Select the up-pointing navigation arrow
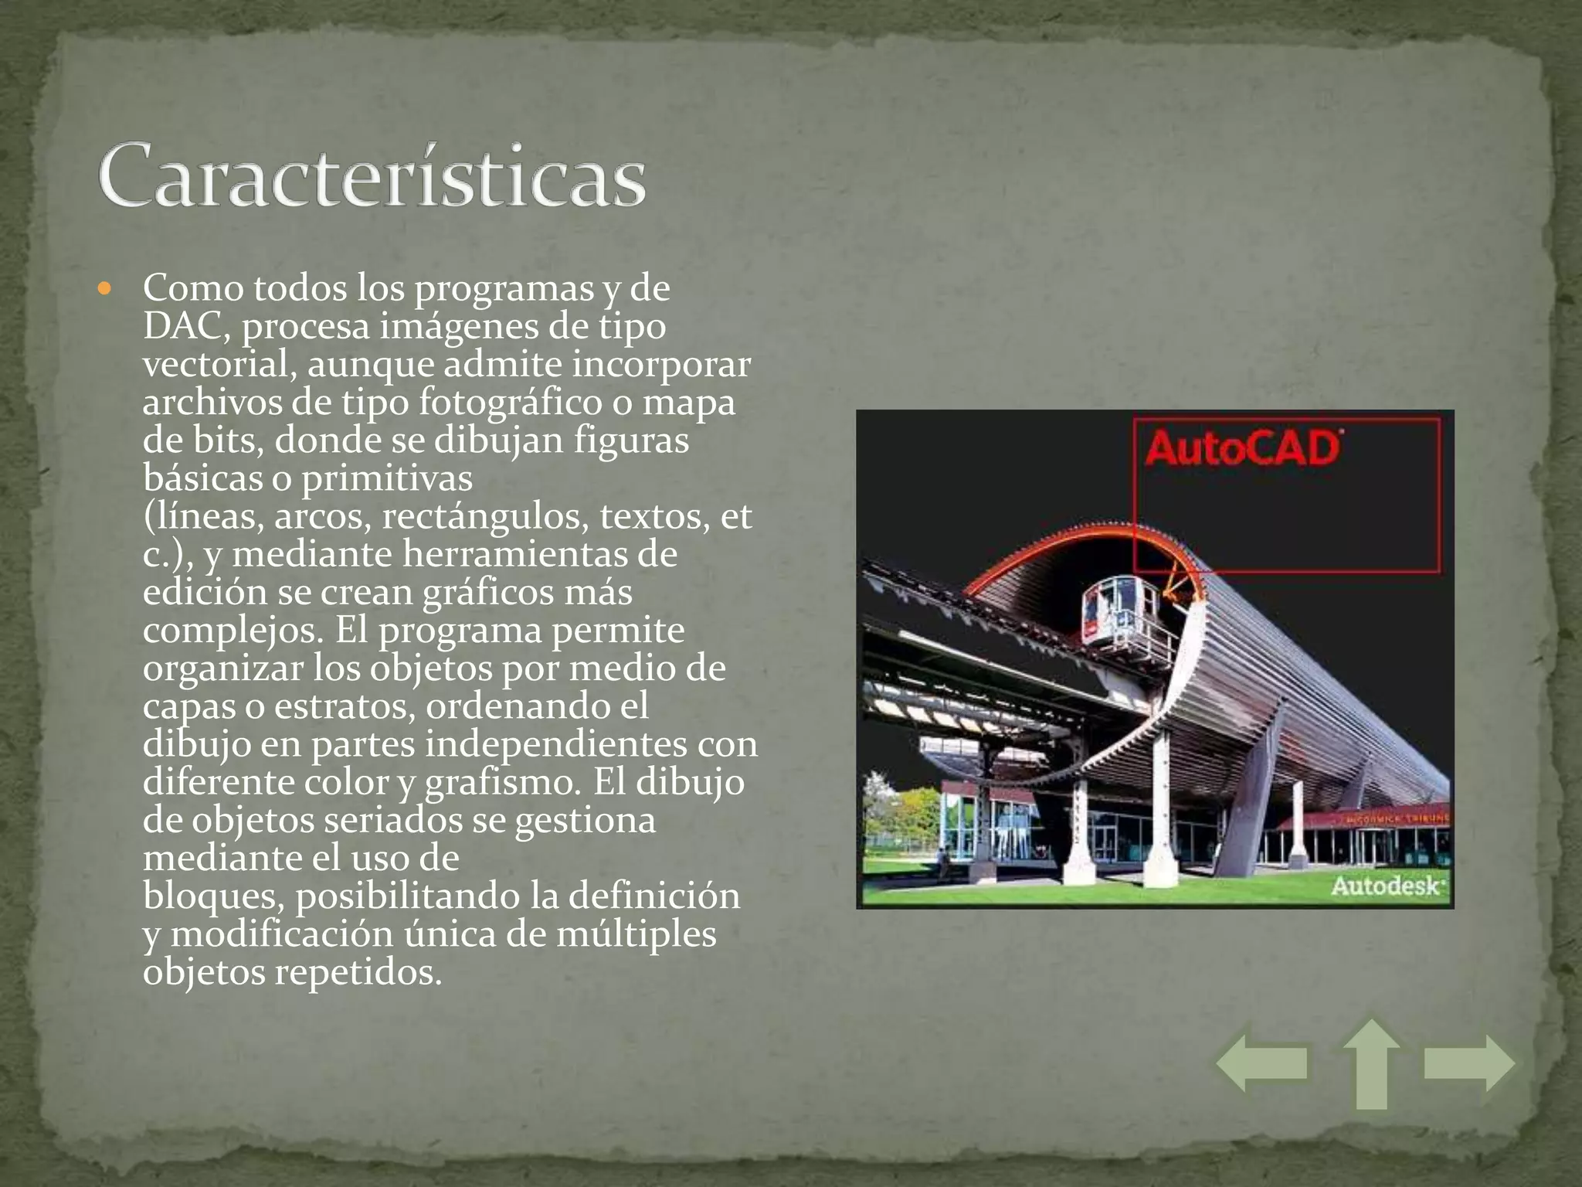[x=1371, y=1064]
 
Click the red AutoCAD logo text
[x=1242, y=449]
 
